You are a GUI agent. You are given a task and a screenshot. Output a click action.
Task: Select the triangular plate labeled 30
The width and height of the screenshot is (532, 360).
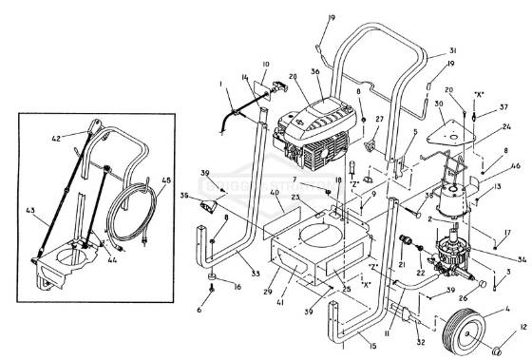pyautogui.click(x=446, y=137)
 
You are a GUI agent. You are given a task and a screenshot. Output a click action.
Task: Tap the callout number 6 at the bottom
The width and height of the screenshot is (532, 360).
pyautogui.click(x=199, y=310)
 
